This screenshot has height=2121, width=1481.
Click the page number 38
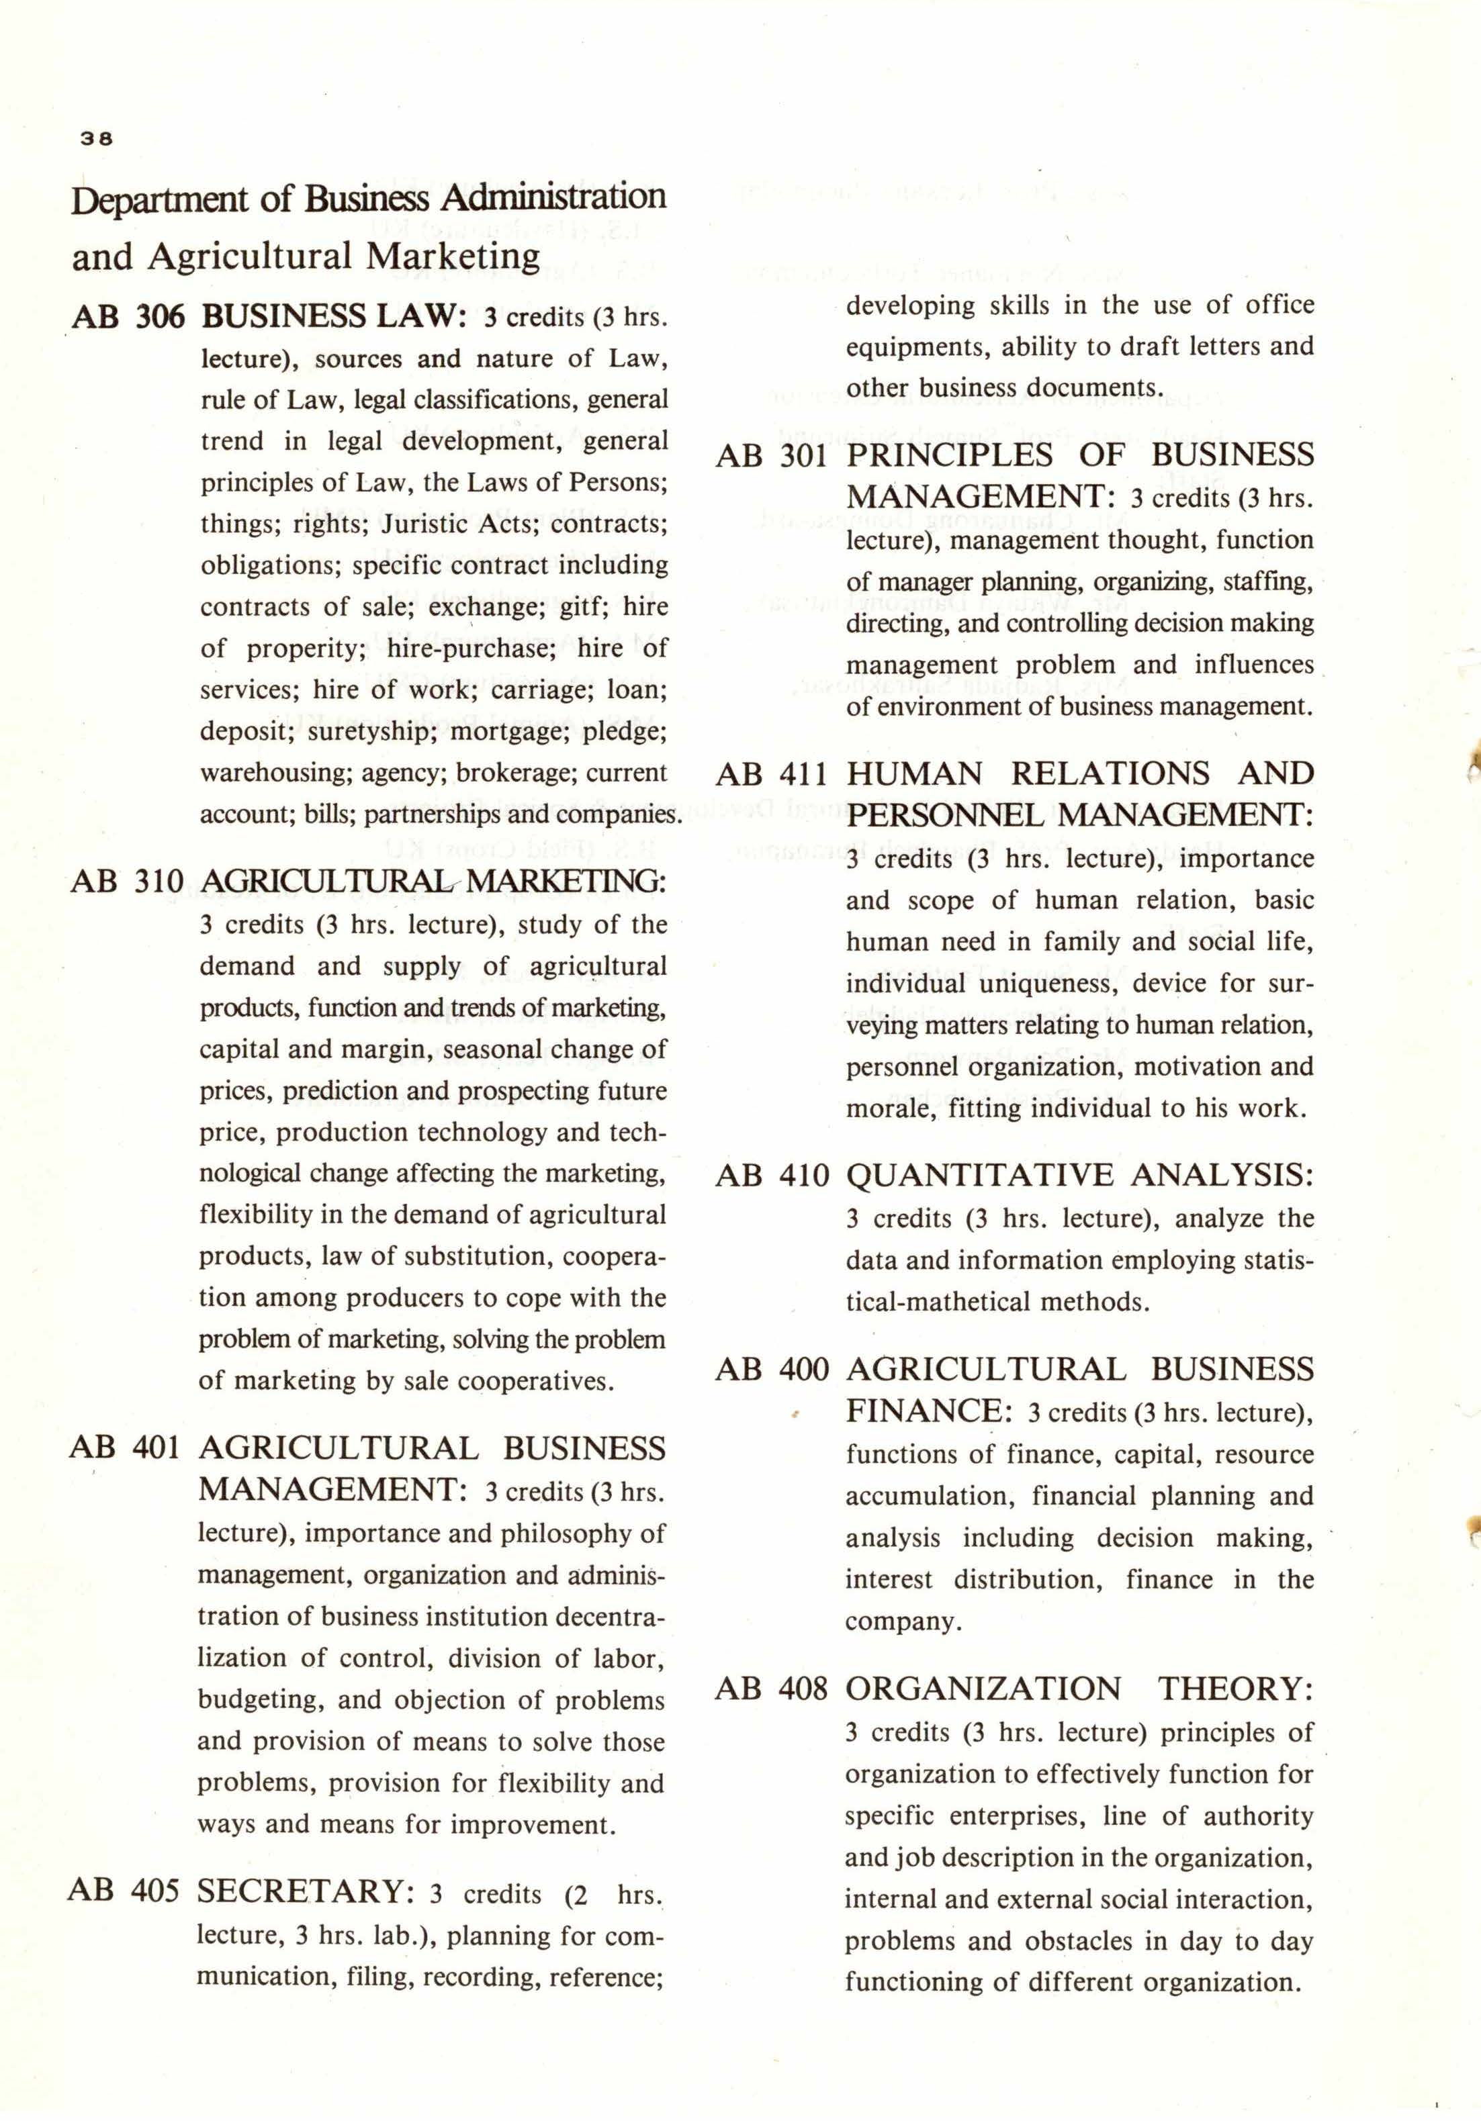[96, 138]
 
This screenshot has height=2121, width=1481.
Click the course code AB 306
[128, 316]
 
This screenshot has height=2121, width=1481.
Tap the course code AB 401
[125, 1448]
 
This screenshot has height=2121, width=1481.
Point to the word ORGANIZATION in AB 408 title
[983, 1688]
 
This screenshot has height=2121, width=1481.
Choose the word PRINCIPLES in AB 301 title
[949, 455]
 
